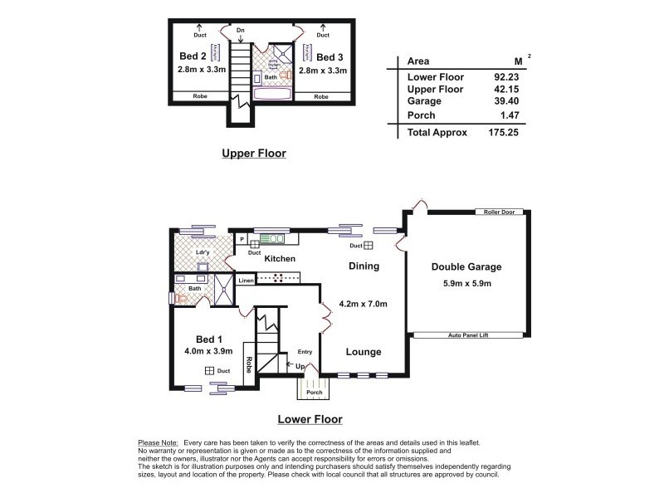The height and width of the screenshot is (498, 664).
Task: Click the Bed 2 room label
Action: point(193,56)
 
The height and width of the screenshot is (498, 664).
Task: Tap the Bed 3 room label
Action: point(330,56)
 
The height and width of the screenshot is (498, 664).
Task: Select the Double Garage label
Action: point(466,267)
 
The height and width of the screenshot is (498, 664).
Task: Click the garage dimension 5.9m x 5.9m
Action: point(466,284)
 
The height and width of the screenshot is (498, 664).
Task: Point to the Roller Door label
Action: point(499,212)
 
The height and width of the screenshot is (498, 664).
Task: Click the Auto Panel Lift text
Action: point(467,335)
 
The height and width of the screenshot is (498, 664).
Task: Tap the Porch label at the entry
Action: point(314,393)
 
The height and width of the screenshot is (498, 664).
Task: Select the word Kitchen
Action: point(280,259)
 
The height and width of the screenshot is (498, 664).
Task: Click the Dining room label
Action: point(364,266)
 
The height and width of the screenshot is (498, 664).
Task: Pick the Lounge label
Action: point(364,352)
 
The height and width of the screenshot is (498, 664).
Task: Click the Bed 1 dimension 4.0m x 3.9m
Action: point(207,351)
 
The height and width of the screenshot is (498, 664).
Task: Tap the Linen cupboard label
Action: point(246,281)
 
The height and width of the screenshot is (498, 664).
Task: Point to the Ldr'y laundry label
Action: point(201,252)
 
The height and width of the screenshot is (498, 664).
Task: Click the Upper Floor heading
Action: point(253,153)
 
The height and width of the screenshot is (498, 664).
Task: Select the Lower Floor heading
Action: point(310,419)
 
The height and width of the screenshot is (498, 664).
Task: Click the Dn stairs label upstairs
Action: point(241,30)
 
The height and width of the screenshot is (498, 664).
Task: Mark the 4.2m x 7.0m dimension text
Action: point(364,304)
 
